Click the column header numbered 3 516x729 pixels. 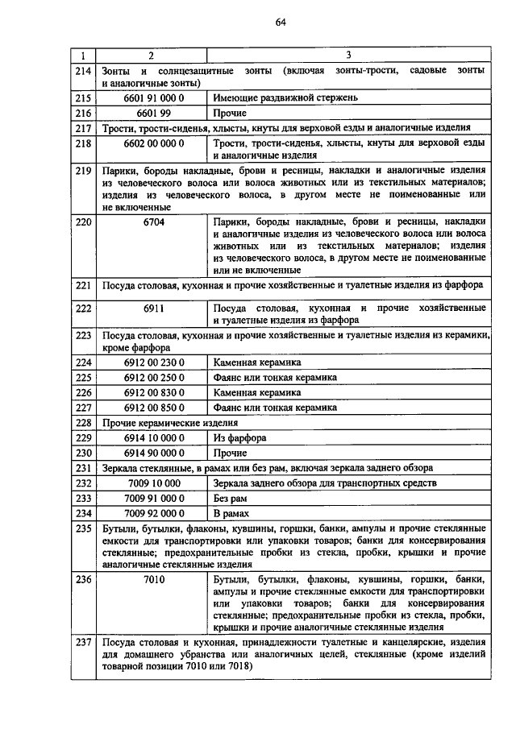pyautogui.click(x=348, y=55)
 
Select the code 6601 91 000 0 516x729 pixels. pyautogui.click(x=154, y=97)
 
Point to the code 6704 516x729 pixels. pyautogui.click(x=154, y=221)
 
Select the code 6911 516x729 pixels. pyautogui.click(x=154, y=309)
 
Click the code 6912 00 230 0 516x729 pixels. pyautogui.click(x=154, y=362)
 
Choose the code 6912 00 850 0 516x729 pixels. pyautogui.click(x=154, y=408)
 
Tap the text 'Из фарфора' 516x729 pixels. pyautogui.click(x=239, y=437)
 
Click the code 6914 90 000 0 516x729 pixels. pyautogui.click(x=154, y=453)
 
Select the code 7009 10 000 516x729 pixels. pyautogui.click(x=154, y=483)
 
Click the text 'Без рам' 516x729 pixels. pyautogui.click(x=231, y=499)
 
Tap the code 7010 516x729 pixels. pyautogui.click(x=154, y=579)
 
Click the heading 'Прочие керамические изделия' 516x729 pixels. pyautogui.click(x=170, y=422)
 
